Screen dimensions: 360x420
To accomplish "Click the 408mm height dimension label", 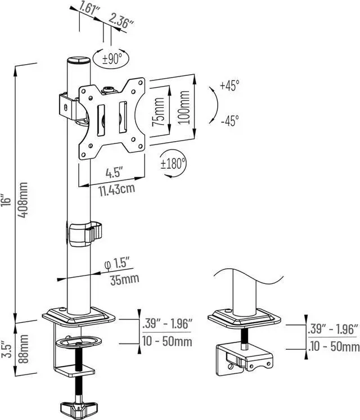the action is pyautogui.click(x=24, y=200).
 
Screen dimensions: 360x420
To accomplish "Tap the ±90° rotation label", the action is pyautogui.click(x=112, y=58).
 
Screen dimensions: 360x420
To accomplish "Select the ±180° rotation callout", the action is pyautogui.click(x=173, y=164).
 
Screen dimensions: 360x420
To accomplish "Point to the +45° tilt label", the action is pyautogui.click(x=229, y=85).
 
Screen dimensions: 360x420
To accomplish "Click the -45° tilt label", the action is pyautogui.click(x=229, y=120).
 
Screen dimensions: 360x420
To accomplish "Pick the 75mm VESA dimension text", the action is pyautogui.click(x=158, y=112).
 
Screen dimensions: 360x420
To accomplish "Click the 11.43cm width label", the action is pyautogui.click(x=117, y=190).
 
